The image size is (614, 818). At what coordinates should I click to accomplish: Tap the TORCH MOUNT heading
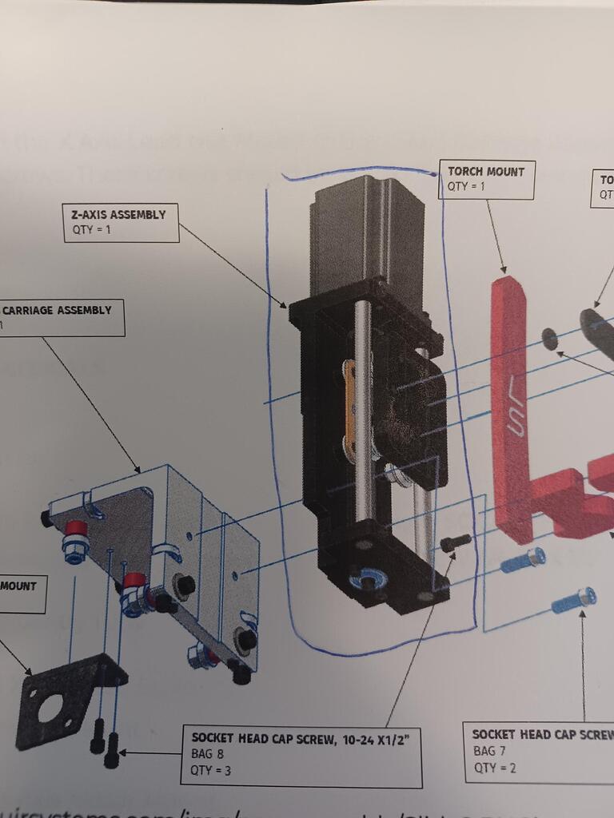pyautogui.click(x=485, y=171)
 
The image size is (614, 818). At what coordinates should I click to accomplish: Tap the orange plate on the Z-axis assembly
pyautogui.click(x=349, y=407)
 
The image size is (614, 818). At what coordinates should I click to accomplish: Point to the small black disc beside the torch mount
pyautogui.click(x=549, y=339)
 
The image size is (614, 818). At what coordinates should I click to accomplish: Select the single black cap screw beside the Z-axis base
pyautogui.click(x=455, y=543)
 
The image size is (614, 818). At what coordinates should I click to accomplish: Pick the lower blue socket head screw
pyautogui.click(x=574, y=599)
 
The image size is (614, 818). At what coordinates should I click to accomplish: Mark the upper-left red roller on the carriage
pyautogui.click(x=76, y=530)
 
